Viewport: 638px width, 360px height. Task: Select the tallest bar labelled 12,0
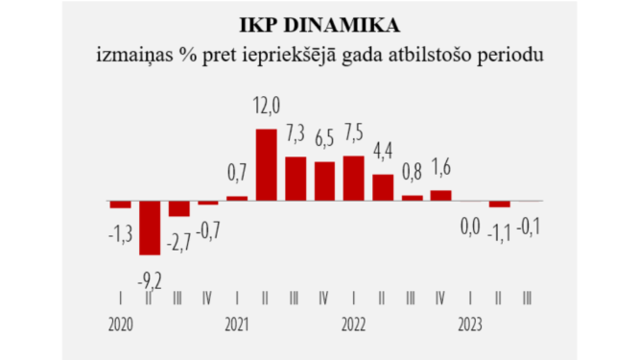pos(266,164)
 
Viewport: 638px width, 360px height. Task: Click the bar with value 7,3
pos(295,179)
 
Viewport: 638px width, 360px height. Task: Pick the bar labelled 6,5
pos(325,181)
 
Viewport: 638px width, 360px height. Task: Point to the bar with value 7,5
pos(353,179)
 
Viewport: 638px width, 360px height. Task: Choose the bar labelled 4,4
pos(383,187)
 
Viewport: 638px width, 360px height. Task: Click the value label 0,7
pos(236,173)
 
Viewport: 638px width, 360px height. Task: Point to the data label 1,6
pos(440,166)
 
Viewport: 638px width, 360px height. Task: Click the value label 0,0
pos(470,229)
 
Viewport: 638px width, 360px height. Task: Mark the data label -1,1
pos(499,230)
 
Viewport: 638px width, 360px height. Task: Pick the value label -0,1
pos(528,229)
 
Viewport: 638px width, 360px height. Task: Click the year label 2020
pos(121,324)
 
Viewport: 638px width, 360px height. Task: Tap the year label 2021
pos(236,324)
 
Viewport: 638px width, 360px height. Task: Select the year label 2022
pos(353,324)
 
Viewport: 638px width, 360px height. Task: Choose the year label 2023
pos(469,324)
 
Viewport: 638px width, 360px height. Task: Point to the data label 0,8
pos(412,173)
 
